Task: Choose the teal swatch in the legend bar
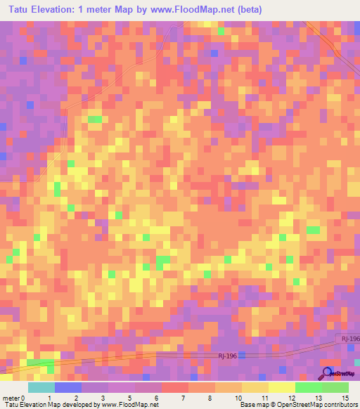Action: pyautogui.click(x=41, y=387)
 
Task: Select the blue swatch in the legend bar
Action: pyautogui.click(x=68, y=387)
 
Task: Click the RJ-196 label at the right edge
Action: pyautogui.click(x=350, y=339)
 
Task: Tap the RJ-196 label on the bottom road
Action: pyautogui.click(x=226, y=356)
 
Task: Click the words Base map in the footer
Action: pyautogui.click(x=254, y=405)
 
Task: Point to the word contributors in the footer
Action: pyautogui.click(x=338, y=405)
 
